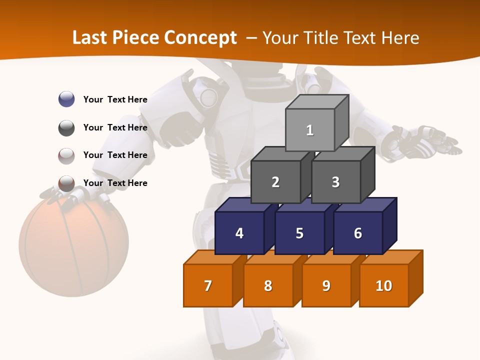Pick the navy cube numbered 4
point(239,233)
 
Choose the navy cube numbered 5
point(299,233)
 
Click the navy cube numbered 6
point(358,233)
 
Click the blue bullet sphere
point(66,99)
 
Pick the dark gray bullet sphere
point(66,127)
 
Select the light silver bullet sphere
point(66,155)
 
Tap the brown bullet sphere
point(66,183)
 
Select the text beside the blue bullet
point(115,99)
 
